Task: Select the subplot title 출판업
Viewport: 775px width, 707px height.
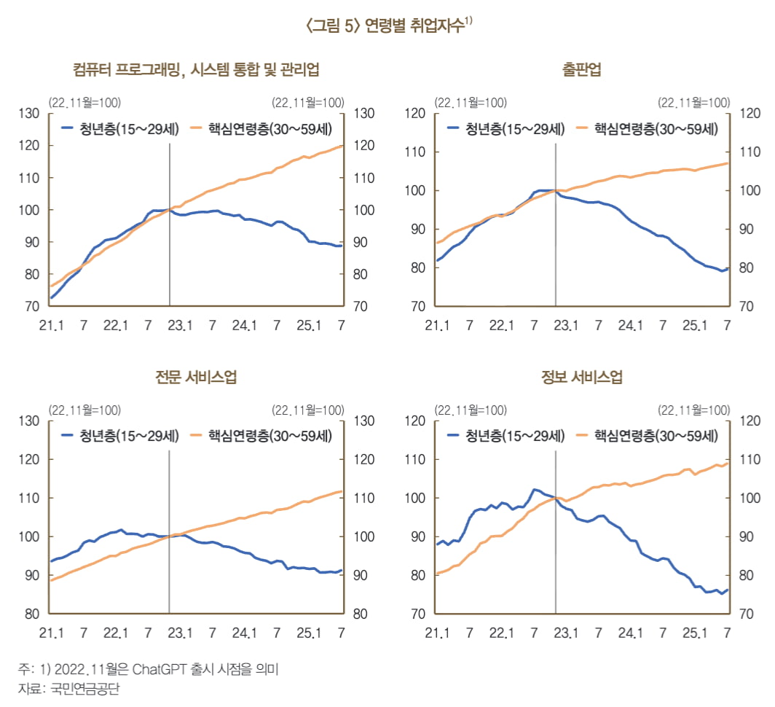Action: (581, 70)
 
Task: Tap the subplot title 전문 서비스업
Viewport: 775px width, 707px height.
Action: (195, 378)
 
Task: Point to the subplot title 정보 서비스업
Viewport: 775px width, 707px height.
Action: (581, 378)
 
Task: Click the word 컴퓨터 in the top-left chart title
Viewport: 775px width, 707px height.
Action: (93, 70)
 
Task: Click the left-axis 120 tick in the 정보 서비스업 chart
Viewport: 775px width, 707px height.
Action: (416, 421)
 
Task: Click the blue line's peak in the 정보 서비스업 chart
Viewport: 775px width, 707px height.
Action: (535, 489)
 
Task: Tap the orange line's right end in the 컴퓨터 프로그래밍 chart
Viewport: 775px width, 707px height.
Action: (342, 146)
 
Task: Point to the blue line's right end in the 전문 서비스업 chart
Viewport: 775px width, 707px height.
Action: (342, 571)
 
